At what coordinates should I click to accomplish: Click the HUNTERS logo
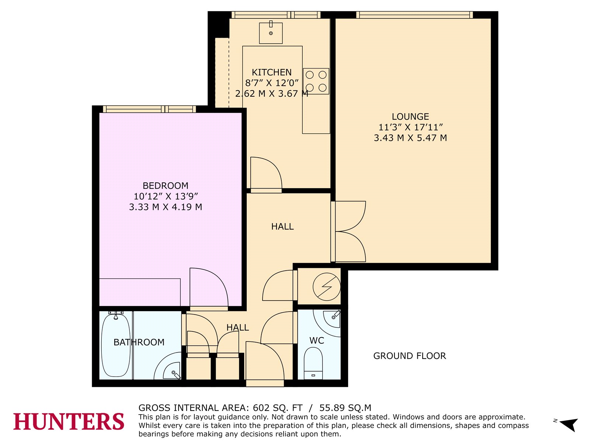69,422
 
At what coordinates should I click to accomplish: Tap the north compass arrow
568,424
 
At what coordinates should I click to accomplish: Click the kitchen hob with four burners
316,81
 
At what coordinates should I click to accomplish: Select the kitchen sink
271,33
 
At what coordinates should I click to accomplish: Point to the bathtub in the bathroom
116,345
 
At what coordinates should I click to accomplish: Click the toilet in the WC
313,363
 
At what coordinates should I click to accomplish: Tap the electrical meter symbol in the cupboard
327,287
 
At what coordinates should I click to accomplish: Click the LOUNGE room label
410,116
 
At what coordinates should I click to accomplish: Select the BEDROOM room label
165,186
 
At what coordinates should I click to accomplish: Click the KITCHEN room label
271,72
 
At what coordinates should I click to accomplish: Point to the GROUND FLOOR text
410,356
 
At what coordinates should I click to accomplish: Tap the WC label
317,340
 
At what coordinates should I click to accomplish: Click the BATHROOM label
139,342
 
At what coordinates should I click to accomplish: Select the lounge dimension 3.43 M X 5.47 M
410,138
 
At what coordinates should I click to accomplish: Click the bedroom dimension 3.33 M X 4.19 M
165,207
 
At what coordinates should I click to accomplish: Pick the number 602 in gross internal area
261,408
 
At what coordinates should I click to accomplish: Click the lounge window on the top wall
414,15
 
